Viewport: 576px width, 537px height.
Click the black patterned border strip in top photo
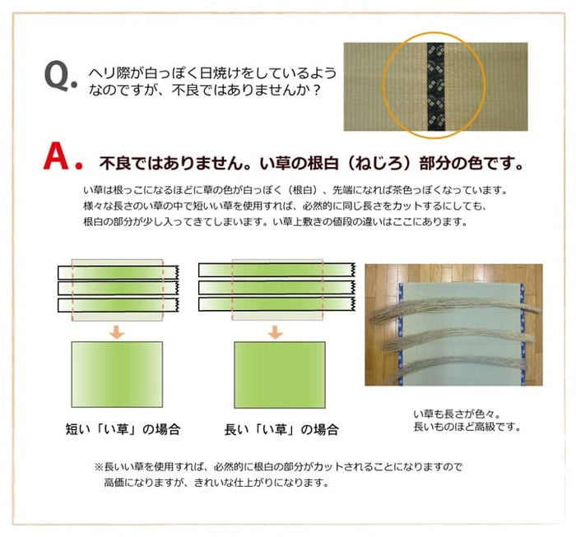[x=436, y=86]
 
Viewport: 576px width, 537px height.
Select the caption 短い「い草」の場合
[x=123, y=428]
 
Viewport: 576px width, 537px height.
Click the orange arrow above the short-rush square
[x=118, y=332]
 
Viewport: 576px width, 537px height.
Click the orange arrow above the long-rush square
[x=276, y=332]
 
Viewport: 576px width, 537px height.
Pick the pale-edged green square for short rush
[x=118, y=375]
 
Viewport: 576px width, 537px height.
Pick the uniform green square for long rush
[x=276, y=375]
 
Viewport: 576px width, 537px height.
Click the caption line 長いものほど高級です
[x=467, y=428]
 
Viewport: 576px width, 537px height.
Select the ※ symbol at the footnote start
[x=98, y=466]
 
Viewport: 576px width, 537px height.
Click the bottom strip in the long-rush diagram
[x=276, y=305]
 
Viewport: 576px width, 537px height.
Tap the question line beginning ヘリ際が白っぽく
[x=211, y=72]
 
